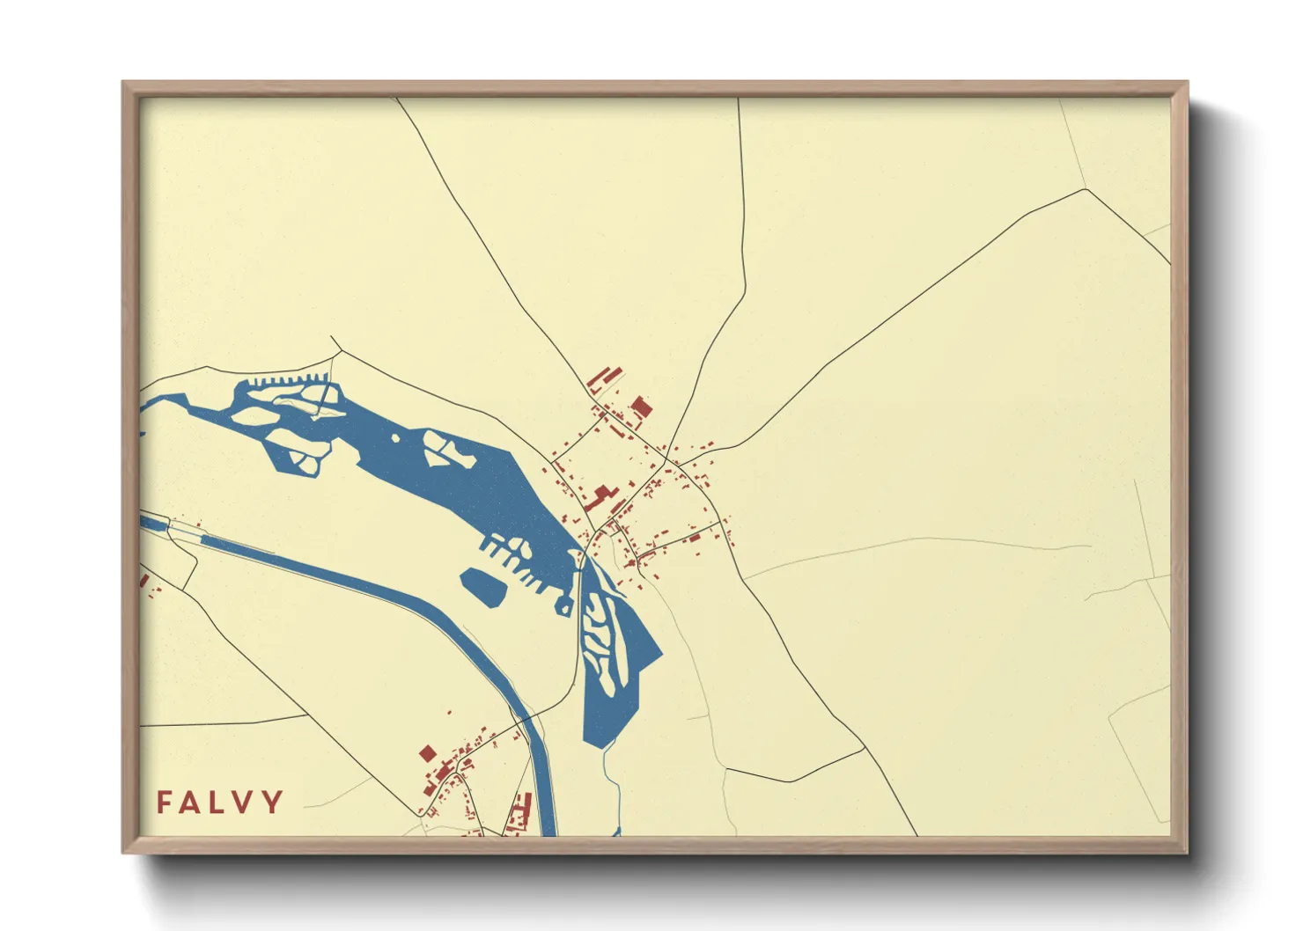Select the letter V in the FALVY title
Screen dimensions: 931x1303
pyautogui.click(x=246, y=802)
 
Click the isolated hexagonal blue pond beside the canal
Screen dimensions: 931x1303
pyautogui.click(x=485, y=586)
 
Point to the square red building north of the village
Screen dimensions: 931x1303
pyautogui.click(x=641, y=407)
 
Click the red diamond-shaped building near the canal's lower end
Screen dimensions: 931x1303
pyautogui.click(x=428, y=753)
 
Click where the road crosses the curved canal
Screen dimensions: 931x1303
pyautogui.click(x=526, y=722)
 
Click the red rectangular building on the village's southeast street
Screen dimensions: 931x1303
pyautogui.click(x=695, y=537)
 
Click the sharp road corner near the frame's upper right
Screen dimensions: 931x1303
pyautogui.click(x=1087, y=189)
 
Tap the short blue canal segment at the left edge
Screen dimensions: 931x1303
pyautogui.click(x=153, y=524)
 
